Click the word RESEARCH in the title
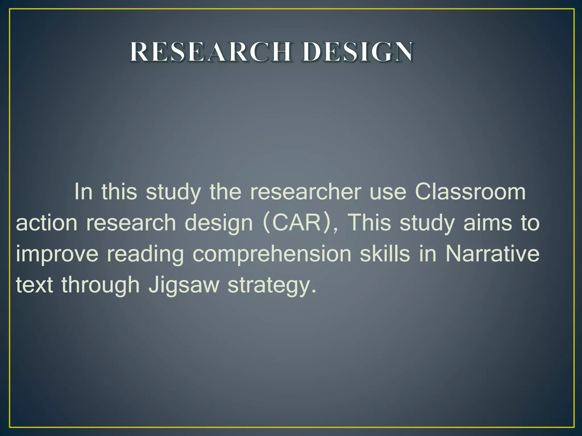[211, 52]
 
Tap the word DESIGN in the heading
[357, 52]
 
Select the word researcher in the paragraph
[305, 192]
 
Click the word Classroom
[470, 192]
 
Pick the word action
[47, 223]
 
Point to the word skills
[385, 253]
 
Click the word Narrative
[492, 253]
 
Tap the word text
[34, 285]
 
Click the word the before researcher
[225, 192]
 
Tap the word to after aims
[530, 223]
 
